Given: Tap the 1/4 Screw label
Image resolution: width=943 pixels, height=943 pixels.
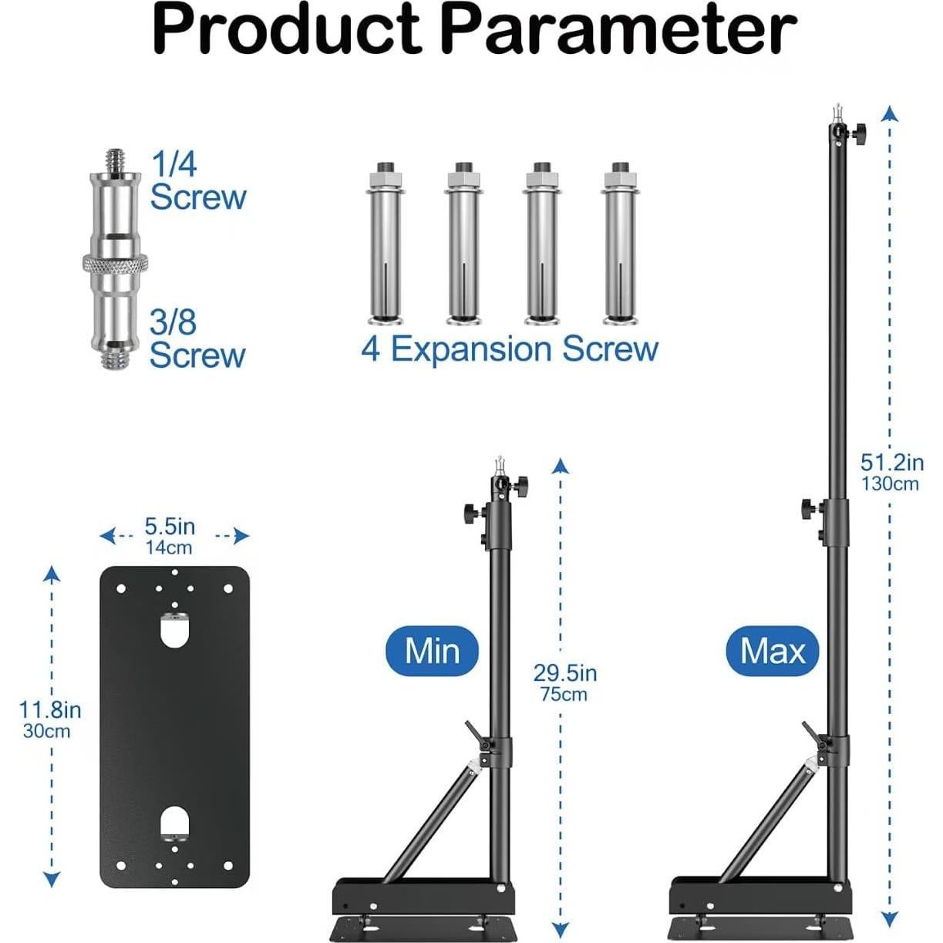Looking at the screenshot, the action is coord(197,180).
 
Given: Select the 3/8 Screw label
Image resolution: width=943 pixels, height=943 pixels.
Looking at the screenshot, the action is coord(197,338).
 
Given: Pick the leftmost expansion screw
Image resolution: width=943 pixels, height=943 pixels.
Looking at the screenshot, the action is coord(385,243).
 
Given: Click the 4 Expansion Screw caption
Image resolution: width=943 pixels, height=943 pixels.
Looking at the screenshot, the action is coord(510,349).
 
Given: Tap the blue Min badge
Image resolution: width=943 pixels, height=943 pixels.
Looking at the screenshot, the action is coord(432,651).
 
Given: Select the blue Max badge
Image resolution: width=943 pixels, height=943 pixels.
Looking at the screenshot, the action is coord(773,651).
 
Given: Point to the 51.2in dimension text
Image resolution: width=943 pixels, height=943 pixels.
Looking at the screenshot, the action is coord(892,463).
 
